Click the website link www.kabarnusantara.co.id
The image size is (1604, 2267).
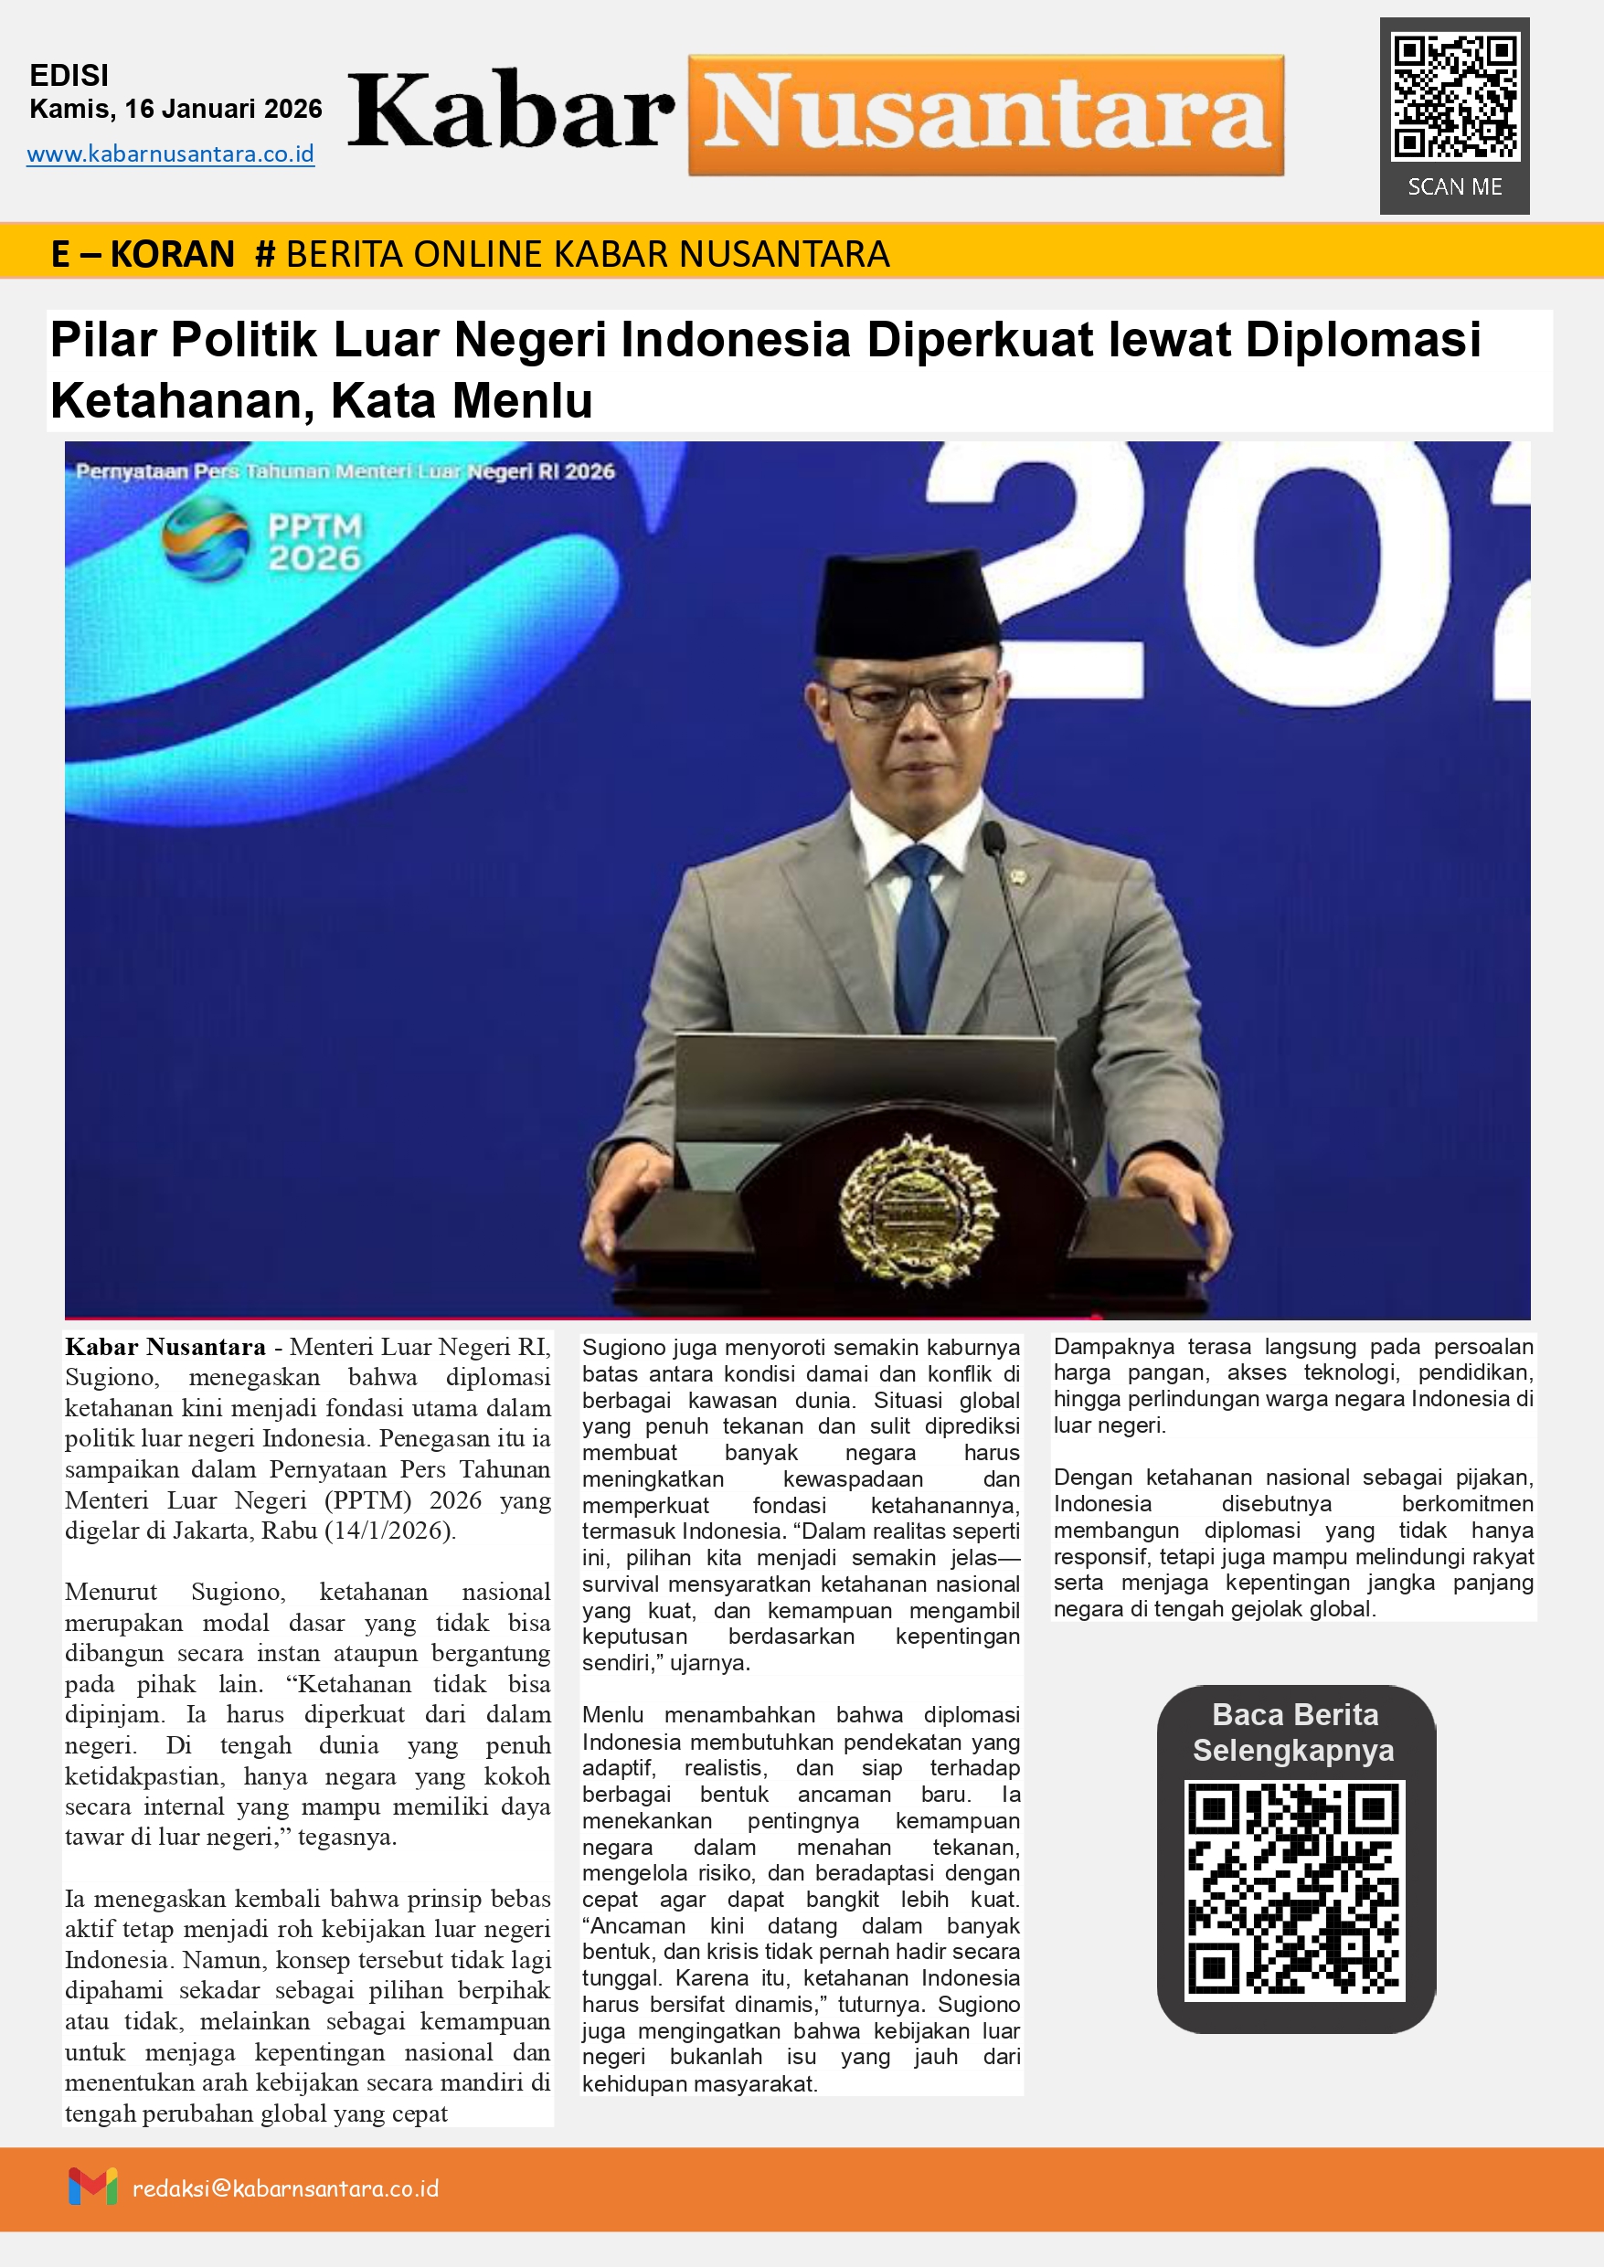coord(170,154)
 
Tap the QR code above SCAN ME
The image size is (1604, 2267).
coord(1454,98)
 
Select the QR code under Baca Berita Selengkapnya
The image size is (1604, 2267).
coord(1294,1890)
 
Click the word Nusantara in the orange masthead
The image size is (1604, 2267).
coord(986,114)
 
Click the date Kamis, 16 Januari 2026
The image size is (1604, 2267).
coord(175,109)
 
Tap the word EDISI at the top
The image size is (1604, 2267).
coord(69,76)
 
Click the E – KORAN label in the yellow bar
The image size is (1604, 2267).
coord(143,255)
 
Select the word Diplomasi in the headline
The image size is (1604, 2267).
coord(1362,340)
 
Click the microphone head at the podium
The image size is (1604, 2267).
coord(993,837)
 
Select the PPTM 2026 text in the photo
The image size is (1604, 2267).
coord(315,542)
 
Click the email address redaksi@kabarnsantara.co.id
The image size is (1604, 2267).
coord(285,2188)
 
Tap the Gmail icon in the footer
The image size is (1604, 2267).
coord(93,2186)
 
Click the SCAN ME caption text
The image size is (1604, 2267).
coord(1454,186)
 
